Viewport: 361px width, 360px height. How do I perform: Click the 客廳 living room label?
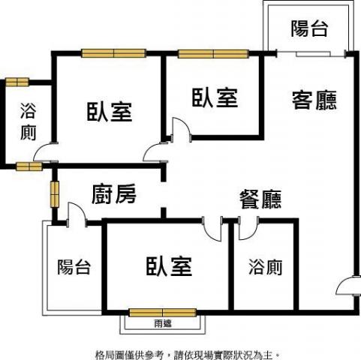[x=314, y=100]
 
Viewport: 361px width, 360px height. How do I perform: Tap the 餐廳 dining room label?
[x=260, y=199]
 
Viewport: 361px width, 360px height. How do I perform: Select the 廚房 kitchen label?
[x=114, y=194]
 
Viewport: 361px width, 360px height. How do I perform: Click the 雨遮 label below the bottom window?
[x=163, y=323]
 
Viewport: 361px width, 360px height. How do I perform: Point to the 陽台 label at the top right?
[x=309, y=28]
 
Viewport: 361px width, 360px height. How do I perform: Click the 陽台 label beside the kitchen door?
[x=74, y=267]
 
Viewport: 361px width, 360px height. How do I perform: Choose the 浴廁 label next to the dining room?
[x=266, y=267]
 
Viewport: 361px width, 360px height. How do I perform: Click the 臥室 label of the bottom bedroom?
[x=169, y=266]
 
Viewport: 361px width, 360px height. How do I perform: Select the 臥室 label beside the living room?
[x=215, y=97]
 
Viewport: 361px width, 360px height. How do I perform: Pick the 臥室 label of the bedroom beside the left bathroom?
[x=110, y=112]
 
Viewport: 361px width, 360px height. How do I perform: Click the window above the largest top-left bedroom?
[x=113, y=53]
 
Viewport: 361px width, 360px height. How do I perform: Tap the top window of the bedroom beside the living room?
[x=213, y=54]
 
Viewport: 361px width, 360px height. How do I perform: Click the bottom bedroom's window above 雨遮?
[x=163, y=313]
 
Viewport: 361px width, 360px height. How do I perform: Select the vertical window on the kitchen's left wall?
[x=55, y=194]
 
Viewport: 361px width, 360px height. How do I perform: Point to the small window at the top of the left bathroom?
[x=17, y=82]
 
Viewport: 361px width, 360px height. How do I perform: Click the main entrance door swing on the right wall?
[x=347, y=286]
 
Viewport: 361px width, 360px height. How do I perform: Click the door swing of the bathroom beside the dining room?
[x=248, y=228]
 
